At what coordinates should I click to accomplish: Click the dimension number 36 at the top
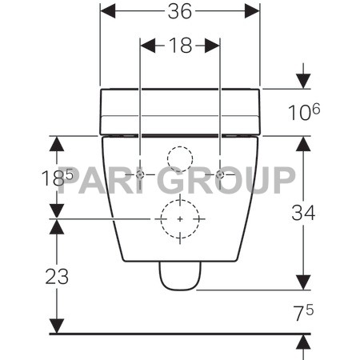click(x=180, y=11)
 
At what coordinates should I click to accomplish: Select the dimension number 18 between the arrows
click(x=180, y=45)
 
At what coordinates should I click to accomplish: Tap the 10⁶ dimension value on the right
click(x=304, y=112)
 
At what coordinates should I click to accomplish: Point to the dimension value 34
click(x=303, y=213)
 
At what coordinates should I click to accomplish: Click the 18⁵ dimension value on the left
click(x=57, y=177)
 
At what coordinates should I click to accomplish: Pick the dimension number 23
click(x=57, y=277)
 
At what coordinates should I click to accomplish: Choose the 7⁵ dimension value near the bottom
click(x=303, y=313)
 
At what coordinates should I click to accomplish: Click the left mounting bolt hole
click(x=140, y=174)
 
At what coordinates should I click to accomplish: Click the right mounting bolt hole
click(x=220, y=174)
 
